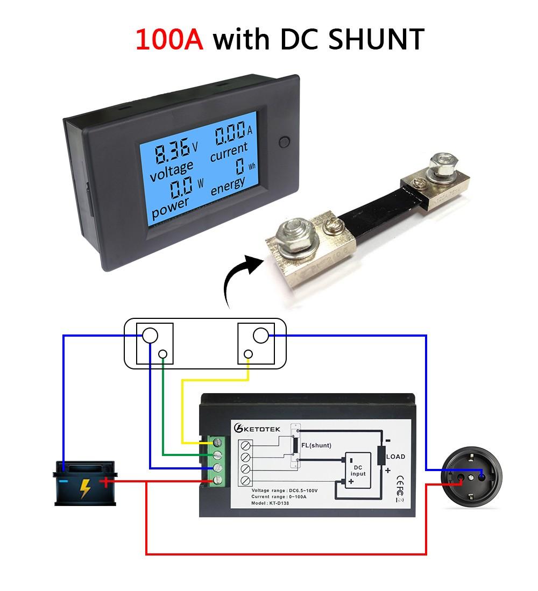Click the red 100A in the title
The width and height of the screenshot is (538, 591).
click(169, 39)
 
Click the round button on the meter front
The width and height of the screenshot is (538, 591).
click(285, 143)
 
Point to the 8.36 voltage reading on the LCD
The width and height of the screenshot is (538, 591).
click(172, 153)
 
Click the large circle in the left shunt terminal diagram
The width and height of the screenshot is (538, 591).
click(150, 336)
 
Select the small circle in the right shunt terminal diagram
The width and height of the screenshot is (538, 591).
click(249, 354)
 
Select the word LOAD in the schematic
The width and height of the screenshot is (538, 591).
click(395, 457)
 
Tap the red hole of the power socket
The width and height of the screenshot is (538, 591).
click(461, 476)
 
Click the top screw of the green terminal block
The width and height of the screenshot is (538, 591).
click(218, 443)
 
